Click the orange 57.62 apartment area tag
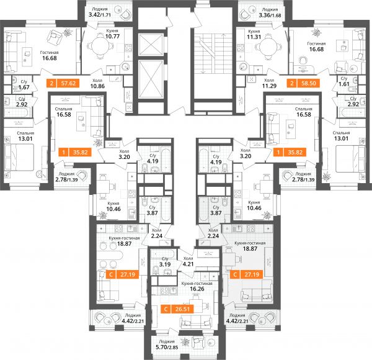(x=63, y=83)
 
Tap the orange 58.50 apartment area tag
(x=303, y=83)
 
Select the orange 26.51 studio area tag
(x=177, y=309)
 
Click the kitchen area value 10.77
(x=112, y=37)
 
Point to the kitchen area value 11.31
(x=254, y=37)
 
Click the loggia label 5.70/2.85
(x=167, y=347)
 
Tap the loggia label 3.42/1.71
(x=100, y=15)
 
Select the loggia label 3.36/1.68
(x=270, y=16)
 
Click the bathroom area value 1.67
(x=24, y=87)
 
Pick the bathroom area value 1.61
(x=344, y=84)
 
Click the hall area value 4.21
(x=188, y=264)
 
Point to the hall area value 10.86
(x=97, y=86)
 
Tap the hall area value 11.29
(x=269, y=86)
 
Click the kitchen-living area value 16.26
(x=197, y=289)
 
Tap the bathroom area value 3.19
(x=165, y=264)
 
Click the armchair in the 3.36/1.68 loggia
(x=244, y=15)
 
